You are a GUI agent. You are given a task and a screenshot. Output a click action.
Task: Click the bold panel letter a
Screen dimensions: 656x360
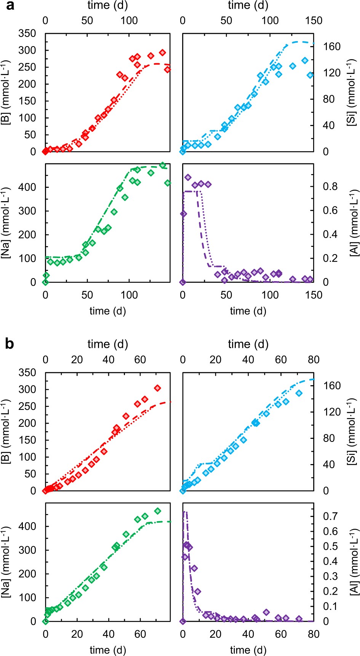coord(10,5)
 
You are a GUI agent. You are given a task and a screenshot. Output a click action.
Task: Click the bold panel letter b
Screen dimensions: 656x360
coord(10,344)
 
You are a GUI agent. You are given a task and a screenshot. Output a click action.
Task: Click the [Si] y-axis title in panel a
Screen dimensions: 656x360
coord(352,93)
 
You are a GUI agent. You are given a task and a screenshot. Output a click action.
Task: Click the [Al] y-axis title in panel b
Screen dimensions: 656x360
coord(352,562)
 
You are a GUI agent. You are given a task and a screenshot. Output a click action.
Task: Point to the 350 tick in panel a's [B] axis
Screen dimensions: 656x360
coord(27,34)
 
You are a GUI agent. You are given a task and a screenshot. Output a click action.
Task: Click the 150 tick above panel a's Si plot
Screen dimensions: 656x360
coord(314,20)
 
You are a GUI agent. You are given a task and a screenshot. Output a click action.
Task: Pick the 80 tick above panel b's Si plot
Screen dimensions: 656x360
coord(314,359)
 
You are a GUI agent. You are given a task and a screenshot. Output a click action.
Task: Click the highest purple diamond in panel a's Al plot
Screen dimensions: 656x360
coord(188,177)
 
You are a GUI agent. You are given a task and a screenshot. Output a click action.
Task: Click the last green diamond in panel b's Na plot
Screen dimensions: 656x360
coord(157,511)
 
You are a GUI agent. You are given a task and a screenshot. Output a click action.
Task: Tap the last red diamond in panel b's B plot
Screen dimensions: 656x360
coord(157,388)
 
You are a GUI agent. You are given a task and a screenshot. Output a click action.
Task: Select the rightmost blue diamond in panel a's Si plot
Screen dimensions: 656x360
coord(310,75)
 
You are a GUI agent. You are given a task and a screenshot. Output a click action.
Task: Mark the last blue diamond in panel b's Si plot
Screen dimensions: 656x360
coord(299,393)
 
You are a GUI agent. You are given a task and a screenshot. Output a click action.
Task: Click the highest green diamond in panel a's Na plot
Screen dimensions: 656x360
coord(163,165)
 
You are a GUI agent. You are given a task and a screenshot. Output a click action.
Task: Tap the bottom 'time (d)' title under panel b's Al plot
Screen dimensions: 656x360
coord(248,650)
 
